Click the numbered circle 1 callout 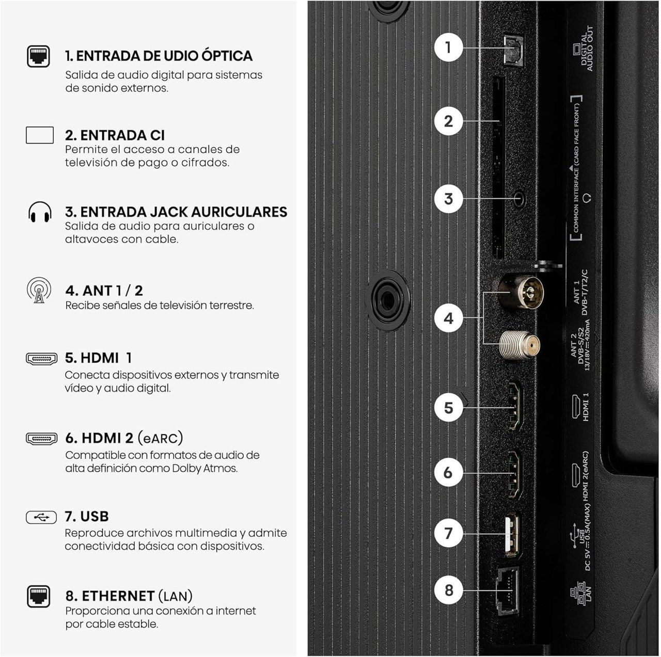click(x=448, y=47)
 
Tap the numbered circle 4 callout click(x=448, y=318)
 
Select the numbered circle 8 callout click(x=448, y=590)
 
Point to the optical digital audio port click(x=513, y=51)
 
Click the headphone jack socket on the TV click(x=520, y=199)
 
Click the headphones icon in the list click(x=40, y=212)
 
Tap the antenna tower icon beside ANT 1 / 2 click(x=39, y=291)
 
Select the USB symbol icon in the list click(x=41, y=517)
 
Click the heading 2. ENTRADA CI click(x=115, y=135)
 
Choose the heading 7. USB click(x=87, y=517)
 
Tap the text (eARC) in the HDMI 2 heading click(x=160, y=438)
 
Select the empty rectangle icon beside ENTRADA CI click(x=40, y=135)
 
